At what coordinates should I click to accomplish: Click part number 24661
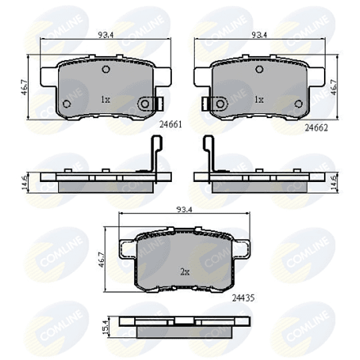click(x=171, y=125)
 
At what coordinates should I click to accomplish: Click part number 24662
click(x=316, y=128)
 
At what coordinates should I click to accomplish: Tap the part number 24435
click(x=243, y=298)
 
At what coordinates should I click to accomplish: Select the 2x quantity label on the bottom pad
click(x=185, y=272)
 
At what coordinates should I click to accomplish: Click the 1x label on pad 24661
click(x=105, y=99)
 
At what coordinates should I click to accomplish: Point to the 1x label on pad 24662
click(x=259, y=99)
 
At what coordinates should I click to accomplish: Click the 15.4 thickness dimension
click(x=106, y=327)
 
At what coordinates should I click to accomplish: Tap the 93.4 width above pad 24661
click(x=105, y=35)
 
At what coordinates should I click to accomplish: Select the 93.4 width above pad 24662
click(x=259, y=35)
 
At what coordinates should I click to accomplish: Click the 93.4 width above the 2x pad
click(x=184, y=209)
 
